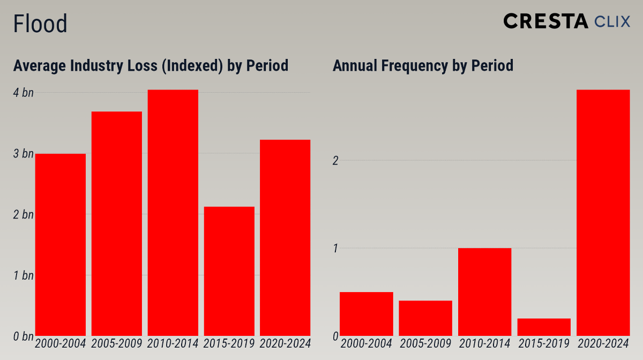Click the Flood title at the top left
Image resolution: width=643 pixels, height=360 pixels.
coord(40,24)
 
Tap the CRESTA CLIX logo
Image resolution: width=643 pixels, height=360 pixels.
coord(566,21)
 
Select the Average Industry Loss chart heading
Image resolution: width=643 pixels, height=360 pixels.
coord(151,65)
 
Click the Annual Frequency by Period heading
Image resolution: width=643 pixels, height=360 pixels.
coord(423,65)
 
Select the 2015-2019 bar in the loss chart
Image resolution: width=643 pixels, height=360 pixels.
coord(229,271)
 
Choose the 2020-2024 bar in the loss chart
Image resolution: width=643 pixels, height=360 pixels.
coord(285,238)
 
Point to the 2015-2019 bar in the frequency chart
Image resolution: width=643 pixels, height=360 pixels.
coord(544,327)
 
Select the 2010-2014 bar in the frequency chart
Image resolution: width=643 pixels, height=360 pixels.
coord(484,292)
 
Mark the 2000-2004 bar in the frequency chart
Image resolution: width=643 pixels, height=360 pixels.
coord(367,314)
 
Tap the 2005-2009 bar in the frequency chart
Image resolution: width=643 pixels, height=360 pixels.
coord(425,318)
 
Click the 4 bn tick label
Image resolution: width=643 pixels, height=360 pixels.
coord(23,93)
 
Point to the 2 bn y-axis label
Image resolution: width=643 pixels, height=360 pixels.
coord(23,215)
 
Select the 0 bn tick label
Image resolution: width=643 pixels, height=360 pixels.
coord(23,336)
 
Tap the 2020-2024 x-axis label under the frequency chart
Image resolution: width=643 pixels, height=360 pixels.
coord(603,343)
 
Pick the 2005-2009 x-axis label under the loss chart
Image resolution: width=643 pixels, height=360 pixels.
coord(117,343)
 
